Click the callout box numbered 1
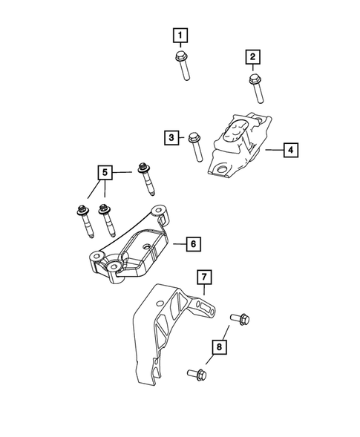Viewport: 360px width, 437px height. [x=180, y=34]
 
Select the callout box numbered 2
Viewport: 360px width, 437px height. [x=252, y=57]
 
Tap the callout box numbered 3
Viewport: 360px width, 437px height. [x=171, y=137]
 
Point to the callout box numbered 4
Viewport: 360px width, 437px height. [x=291, y=151]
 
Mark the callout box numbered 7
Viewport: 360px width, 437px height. [x=204, y=278]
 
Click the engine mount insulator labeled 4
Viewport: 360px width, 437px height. [x=238, y=145]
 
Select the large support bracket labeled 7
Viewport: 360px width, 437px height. [x=167, y=326]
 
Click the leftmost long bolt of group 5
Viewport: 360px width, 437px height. [x=82, y=220]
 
